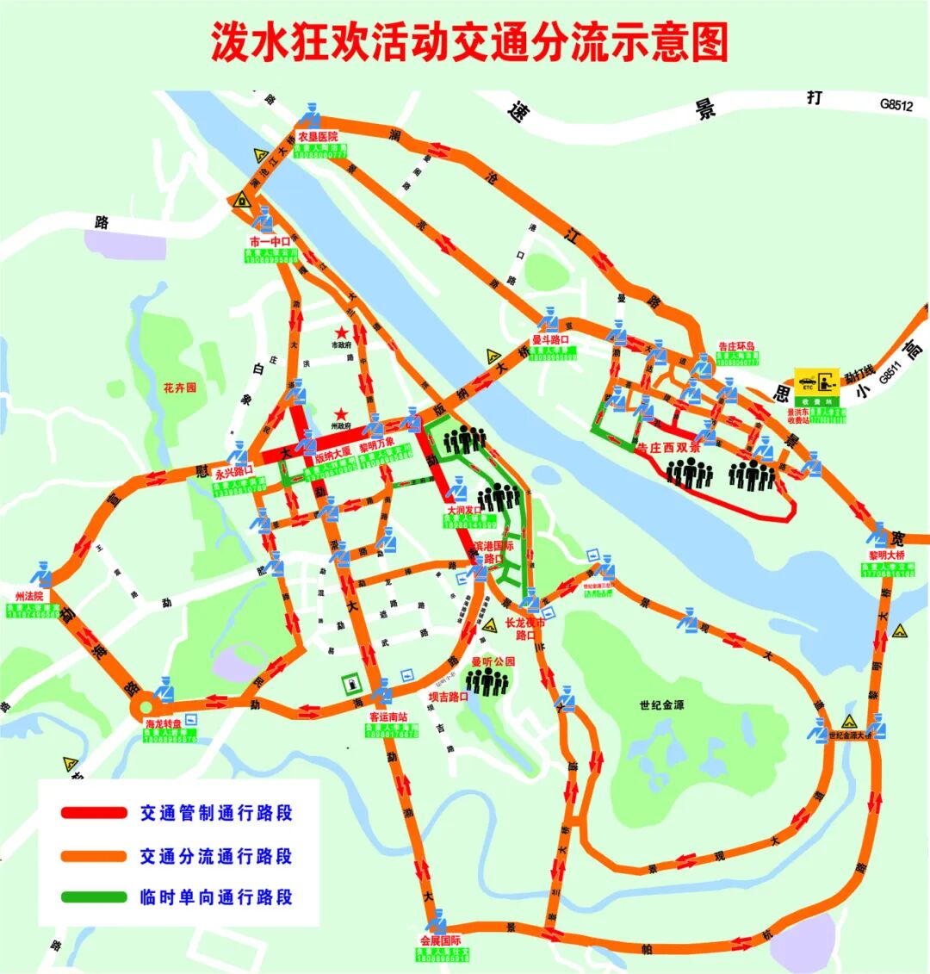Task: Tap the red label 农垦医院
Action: coord(317,136)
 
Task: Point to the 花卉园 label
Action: coord(180,388)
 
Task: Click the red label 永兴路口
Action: coord(234,472)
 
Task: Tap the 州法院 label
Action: coord(28,596)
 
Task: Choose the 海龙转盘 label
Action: coord(164,724)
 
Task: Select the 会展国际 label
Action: coord(441,940)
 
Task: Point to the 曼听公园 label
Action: coord(493,661)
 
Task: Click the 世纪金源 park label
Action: coord(662,704)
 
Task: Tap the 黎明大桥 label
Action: coord(887,555)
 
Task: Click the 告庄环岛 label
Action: coord(736,346)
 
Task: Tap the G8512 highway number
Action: coord(896,104)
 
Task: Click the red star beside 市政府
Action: coord(343,332)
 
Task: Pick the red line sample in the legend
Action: coord(94,813)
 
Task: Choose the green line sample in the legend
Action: coord(94,896)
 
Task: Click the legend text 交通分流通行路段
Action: coord(216,856)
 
